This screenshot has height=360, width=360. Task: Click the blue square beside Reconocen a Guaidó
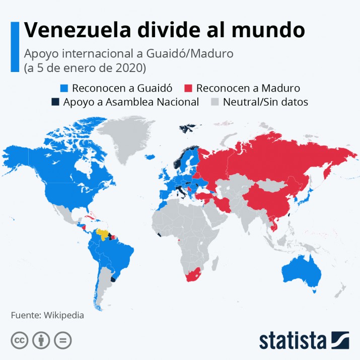point(63,88)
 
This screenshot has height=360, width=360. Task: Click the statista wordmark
point(292,340)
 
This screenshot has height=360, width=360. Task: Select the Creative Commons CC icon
point(19,341)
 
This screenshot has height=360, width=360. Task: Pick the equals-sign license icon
point(63,341)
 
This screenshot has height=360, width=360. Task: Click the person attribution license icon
point(41,341)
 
